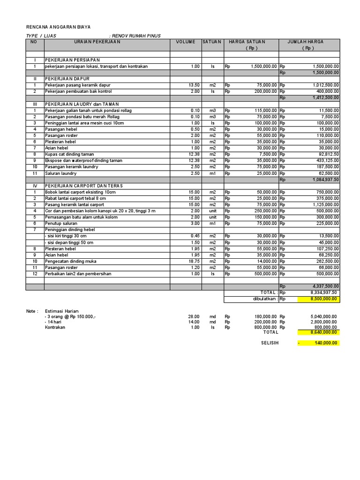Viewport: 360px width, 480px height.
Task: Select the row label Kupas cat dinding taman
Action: [69, 154]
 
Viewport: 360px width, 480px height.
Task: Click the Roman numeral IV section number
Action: [35, 186]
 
